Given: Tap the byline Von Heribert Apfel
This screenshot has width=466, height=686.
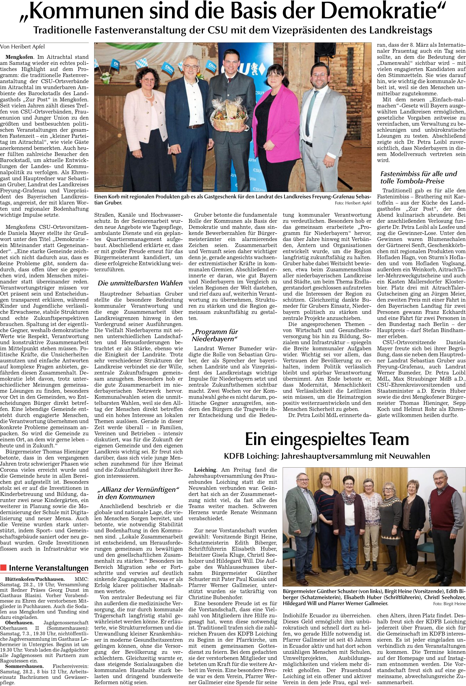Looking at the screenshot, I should coord(23,46).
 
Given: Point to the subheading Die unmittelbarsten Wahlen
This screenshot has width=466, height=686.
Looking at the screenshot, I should coord(140,283).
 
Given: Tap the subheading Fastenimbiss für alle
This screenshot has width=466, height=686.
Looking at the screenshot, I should coord(418,177).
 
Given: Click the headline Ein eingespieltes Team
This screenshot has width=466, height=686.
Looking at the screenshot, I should coord(327,439).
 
